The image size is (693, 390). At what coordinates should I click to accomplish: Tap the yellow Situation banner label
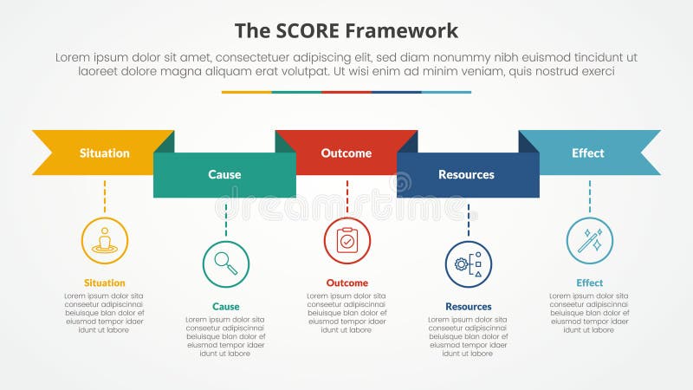pos(105,153)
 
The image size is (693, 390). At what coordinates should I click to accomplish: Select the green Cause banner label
pos(224,175)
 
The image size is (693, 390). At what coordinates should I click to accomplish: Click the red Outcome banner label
pos(346,153)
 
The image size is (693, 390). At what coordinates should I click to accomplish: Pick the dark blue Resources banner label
pos(466,175)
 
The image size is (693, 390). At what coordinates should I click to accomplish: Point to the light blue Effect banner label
pos(588,153)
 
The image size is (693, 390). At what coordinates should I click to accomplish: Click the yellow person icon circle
pos(105,240)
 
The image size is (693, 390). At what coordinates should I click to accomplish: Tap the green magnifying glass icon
pos(225,263)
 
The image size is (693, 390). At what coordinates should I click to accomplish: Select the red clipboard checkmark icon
pos(347,240)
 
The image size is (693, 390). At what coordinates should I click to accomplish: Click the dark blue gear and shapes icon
pos(469,263)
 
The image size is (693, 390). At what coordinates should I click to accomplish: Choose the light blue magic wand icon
pos(590,240)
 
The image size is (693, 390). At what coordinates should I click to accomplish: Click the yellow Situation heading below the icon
pos(105,283)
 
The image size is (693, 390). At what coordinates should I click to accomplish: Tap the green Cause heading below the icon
pos(226,306)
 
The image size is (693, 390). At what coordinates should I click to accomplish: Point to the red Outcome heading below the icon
pos(347,283)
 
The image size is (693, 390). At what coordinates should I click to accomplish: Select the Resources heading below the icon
pos(469,306)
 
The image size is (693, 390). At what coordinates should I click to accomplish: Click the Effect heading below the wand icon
pos(590,283)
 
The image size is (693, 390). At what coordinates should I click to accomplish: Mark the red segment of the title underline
pos(346,92)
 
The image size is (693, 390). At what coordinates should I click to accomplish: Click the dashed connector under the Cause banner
pos(226,218)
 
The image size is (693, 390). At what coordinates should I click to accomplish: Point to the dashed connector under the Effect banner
pos(590,196)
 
